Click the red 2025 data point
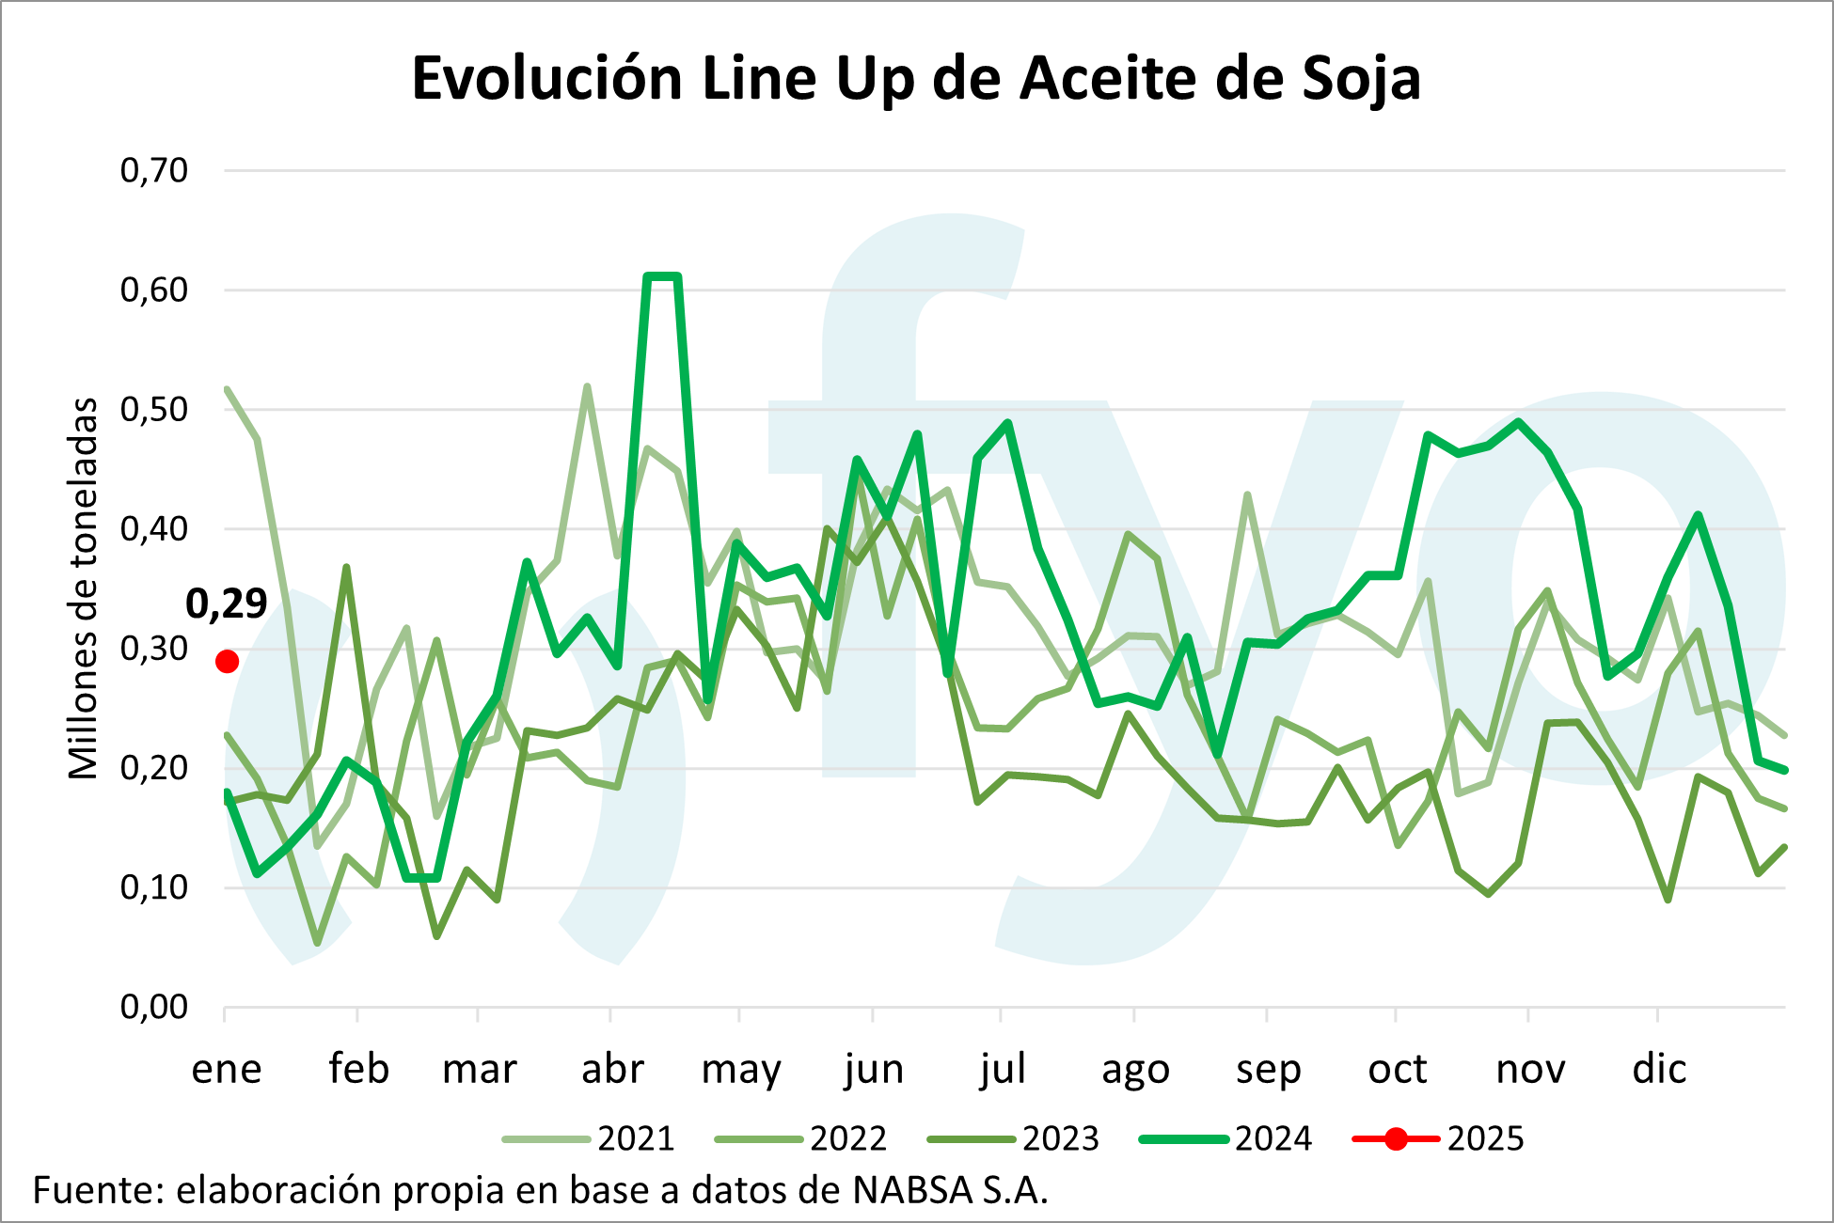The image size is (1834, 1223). click(227, 662)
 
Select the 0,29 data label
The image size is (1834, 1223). click(227, 604)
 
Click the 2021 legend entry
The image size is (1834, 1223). click(637, 1139)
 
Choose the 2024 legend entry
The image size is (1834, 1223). click(1273, 1139)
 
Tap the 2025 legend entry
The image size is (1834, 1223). click(1485, 1139)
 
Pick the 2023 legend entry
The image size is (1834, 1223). click(1060, 1139)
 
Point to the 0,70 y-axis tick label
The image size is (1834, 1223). click(154, 170)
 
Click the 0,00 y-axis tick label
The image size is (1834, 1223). click(154, 1008)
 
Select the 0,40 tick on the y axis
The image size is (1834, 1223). click(154, 529)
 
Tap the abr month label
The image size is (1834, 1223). click(612, 1069)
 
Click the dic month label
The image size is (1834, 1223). click(1659, 1069)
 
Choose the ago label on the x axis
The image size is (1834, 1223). click(1135, 1069)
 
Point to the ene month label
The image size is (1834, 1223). click(227, 1069)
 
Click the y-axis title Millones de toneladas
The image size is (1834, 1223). click(84, 588)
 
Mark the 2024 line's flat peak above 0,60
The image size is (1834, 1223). click(662, 276)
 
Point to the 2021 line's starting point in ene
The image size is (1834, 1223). click(228, 389)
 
